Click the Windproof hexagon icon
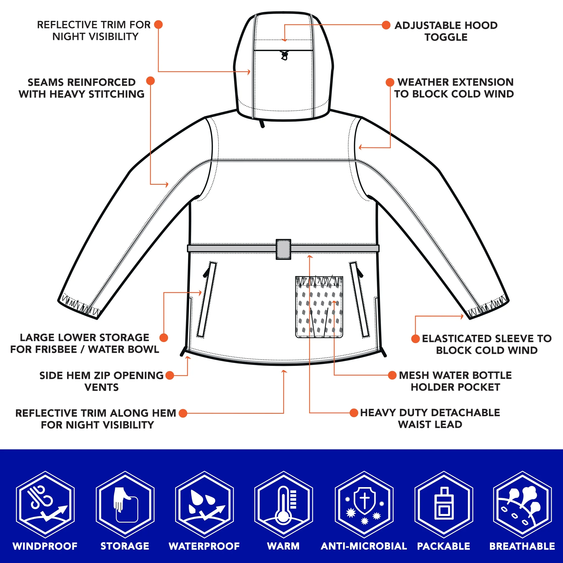click(x=45, y=504)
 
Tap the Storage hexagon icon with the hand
click(x=125, y=504)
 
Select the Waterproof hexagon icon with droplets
click(x=204, y=504)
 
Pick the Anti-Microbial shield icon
click(x=364, y=501)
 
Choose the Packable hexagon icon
click(x=443, y=504)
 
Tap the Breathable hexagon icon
click(x=523, y=504)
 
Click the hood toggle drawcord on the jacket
click(x=285, y=55)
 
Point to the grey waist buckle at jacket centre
click(x=283, y=249)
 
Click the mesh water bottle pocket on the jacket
click(x=319, y=307)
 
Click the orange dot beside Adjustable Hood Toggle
click(x=386, y=25)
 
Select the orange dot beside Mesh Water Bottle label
click(x=392, y=375)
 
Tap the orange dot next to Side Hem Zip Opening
click(x=170, y=375)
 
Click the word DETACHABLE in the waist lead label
click(x=465, y=413)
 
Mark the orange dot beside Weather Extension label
click(x=390, y=82)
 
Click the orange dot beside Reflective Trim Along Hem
click(x=183, y=413)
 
